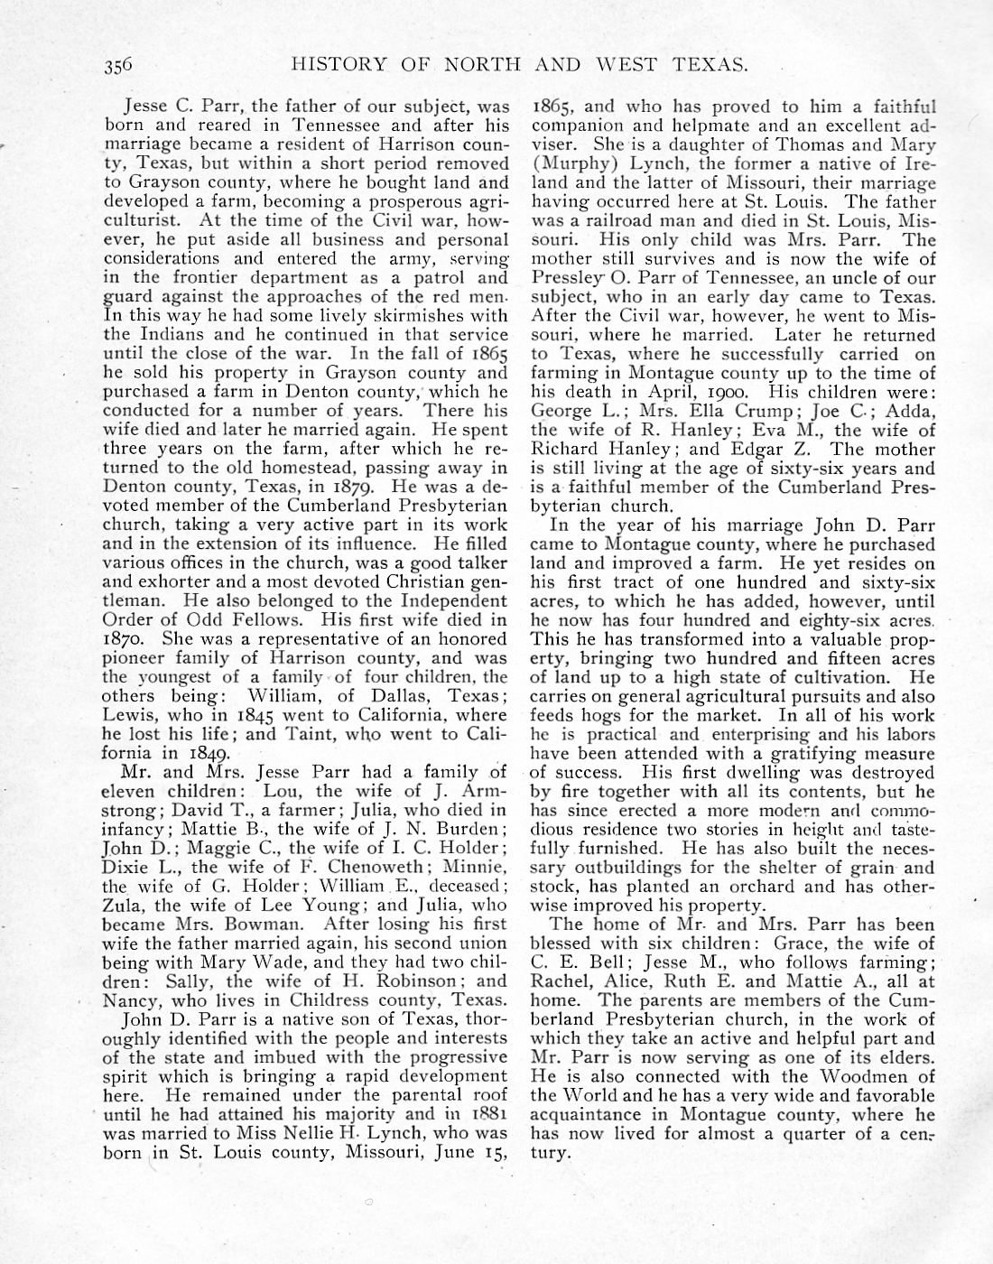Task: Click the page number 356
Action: (x=119, y=64)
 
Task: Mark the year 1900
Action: (x=729, y=393)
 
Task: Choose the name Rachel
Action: (x=558, y=981)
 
